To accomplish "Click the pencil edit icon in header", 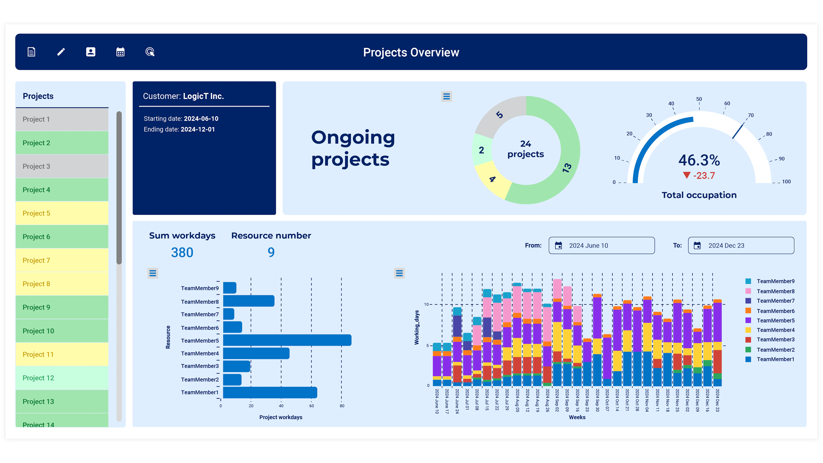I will tap(61, 52).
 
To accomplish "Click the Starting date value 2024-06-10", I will tap(201, 119).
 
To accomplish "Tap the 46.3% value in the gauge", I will tap(699, 160).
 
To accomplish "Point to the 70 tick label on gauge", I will tap(751, 115).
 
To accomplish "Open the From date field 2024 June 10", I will tap(601, 245).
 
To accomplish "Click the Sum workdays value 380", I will tap(182, 253).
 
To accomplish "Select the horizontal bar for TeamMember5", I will tap(287, 340).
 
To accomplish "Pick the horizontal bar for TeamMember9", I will tap(229, 288).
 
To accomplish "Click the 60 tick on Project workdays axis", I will tap(311, 406).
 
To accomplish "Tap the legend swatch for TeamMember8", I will tap(748, 291).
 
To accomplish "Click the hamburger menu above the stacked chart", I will tap(399, 273).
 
